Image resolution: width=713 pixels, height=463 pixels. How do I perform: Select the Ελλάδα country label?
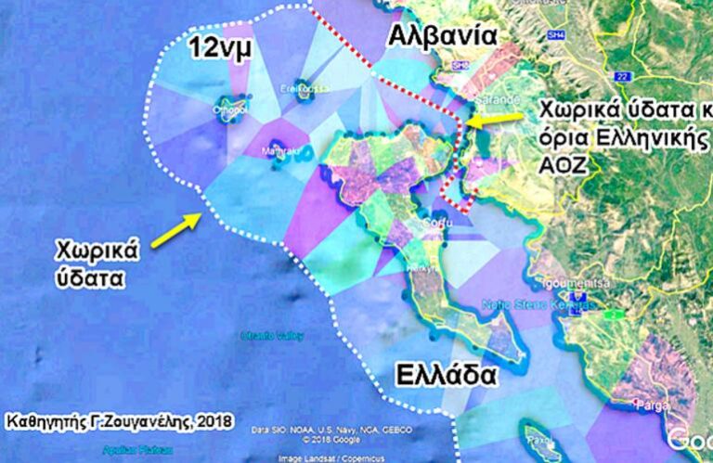click(443, 375)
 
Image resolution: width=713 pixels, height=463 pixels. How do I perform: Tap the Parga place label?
click(644, 405)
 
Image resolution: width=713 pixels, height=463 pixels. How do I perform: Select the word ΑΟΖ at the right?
click(558, 163)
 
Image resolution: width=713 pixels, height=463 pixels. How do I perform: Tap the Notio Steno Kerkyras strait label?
click(525, 304)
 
